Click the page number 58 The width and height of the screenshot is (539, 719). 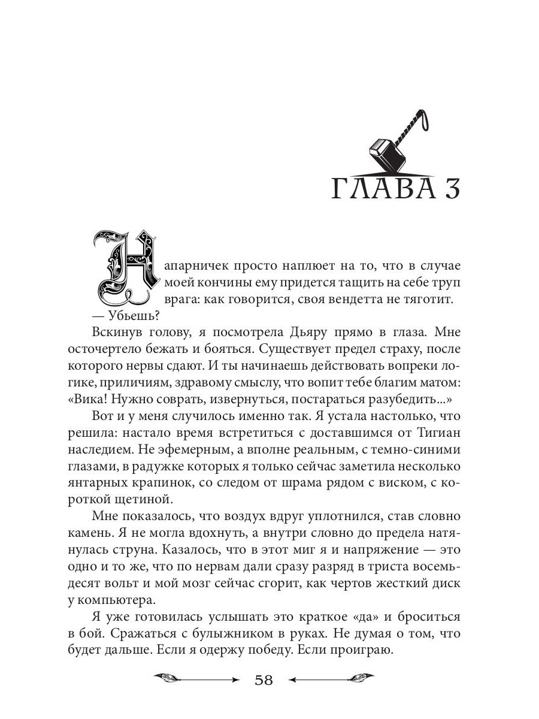tap(264, 681)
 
